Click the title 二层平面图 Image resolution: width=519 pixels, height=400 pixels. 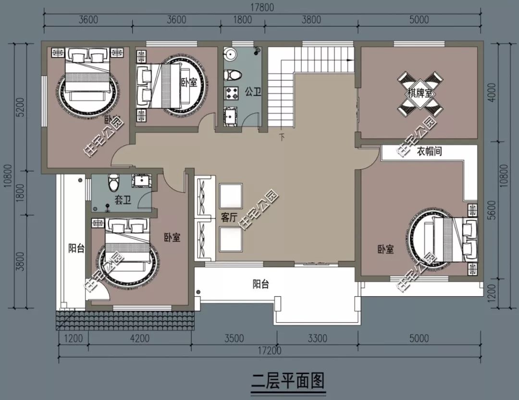tap(288, 381)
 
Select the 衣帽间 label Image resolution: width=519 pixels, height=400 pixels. tap(429, 152)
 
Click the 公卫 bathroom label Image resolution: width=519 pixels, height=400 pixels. tap(253, 91)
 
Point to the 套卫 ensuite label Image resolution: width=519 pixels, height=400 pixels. tap(123, 200)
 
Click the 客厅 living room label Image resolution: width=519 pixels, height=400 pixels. tap(229, 218)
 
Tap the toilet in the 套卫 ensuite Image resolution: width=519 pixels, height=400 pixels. tap(113, 181)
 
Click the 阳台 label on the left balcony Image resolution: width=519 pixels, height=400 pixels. tap(76, 248)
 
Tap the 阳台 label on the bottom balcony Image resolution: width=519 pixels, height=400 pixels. tap(260, 284)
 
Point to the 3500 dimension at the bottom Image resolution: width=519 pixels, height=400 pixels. tap(234, 339)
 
